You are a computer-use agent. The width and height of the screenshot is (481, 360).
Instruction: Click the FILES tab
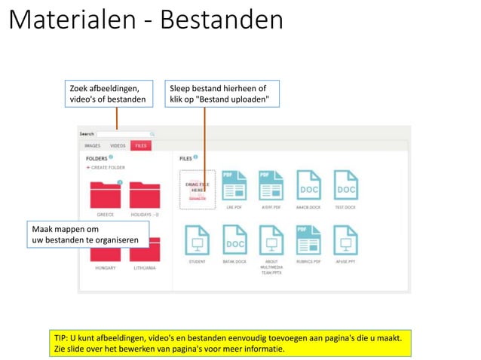(141, 145)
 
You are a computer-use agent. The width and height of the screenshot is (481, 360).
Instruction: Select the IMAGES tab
(93, 145)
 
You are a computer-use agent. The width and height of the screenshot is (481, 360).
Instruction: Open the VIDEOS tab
(118, 145)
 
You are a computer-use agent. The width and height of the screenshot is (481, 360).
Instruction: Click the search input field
(124, 134)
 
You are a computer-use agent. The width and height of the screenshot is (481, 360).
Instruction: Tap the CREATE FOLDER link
(106, 168)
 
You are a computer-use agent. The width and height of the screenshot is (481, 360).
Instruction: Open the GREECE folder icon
(106, 194)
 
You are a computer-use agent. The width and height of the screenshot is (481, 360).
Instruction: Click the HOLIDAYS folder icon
(144, 194)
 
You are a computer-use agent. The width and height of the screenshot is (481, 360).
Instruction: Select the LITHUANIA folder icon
(144, 251)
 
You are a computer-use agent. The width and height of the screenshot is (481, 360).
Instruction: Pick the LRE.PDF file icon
(234, 185)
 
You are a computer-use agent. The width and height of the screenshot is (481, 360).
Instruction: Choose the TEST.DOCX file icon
(345, 185)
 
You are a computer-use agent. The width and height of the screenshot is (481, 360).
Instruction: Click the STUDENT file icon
(197, 240)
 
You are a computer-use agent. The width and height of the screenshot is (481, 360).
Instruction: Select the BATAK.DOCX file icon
(234, 240)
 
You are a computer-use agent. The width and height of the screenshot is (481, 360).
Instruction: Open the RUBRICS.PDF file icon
(308, 240)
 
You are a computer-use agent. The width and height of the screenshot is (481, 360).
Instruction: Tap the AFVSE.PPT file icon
(345, 240)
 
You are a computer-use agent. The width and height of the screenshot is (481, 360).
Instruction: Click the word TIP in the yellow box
(63, 338)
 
